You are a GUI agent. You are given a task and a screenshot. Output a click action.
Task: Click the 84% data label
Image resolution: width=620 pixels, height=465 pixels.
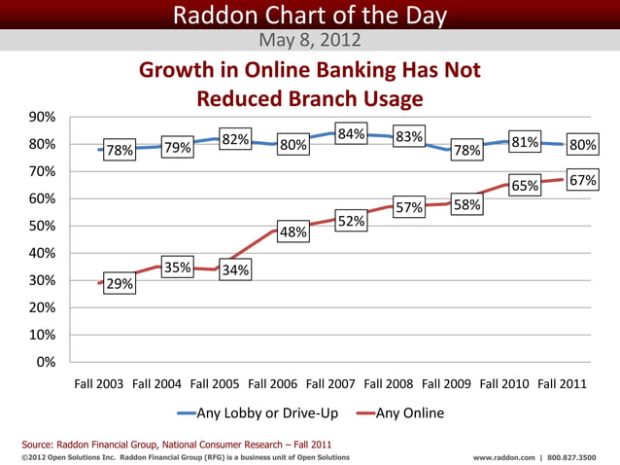pos(350,134)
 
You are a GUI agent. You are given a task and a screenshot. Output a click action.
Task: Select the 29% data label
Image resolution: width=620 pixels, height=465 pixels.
pos(121,284)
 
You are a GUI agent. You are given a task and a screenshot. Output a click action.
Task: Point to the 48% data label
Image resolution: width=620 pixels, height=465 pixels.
pos(293,232)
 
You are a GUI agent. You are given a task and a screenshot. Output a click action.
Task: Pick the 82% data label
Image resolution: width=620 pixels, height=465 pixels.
pos(236,140)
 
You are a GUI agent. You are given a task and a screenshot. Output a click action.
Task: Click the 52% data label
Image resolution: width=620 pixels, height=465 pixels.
pos(351,221)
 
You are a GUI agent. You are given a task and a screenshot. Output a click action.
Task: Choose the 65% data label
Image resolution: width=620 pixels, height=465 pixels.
pos(526,186)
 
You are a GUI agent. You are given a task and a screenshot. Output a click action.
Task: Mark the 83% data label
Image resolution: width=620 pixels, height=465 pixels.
pos(408,137)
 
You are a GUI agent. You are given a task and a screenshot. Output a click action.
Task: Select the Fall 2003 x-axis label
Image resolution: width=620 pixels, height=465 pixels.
pos(99,384)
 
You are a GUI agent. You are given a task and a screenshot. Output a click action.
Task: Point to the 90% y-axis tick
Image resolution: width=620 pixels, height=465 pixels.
pos(41,117)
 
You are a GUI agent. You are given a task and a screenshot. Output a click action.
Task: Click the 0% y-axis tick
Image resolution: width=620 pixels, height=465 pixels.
pos(46,362)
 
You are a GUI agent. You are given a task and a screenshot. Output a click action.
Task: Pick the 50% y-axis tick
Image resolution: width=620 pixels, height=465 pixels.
pos(41,226)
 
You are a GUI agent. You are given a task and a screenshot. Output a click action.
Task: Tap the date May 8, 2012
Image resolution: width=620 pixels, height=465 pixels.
pos(310,41)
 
